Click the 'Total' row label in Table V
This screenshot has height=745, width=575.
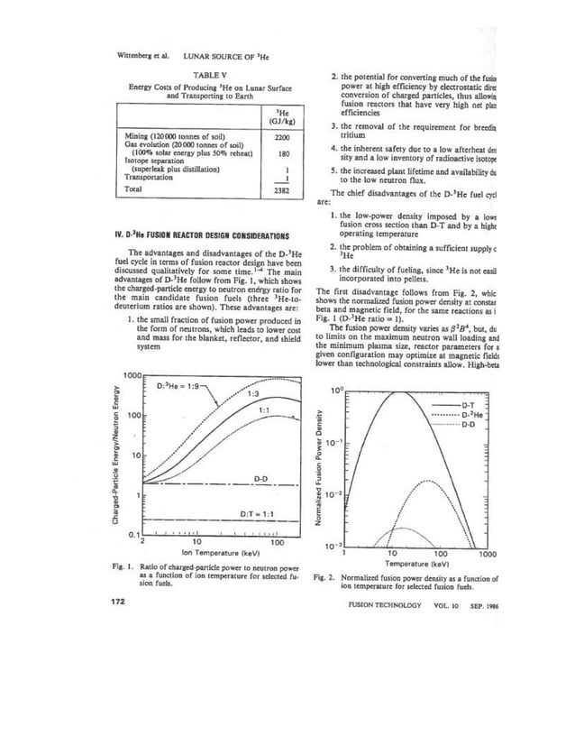click(132, 191)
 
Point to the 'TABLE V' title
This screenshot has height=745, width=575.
click(206, 75)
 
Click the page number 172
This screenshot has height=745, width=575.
click(117, 603)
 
